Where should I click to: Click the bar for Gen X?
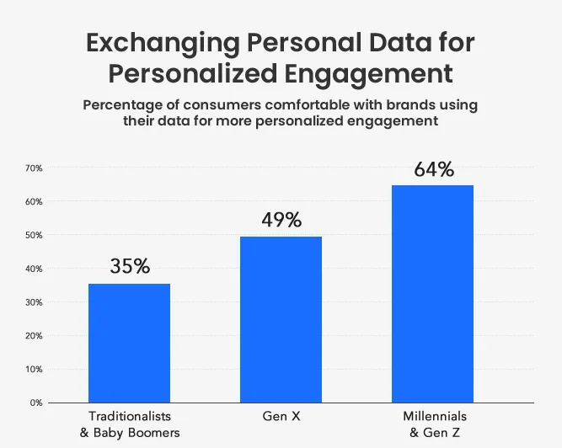point(281,319)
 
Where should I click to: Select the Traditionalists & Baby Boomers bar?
point(129,343)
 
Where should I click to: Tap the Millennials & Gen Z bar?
point(432,293)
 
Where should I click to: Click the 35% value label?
point(130,267)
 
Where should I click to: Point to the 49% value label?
point(281,221)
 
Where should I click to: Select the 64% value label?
point(433,169)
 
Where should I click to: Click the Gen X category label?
point(281,417)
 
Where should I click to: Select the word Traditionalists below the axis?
point(129,417)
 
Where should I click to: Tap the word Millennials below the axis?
point(433,417)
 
